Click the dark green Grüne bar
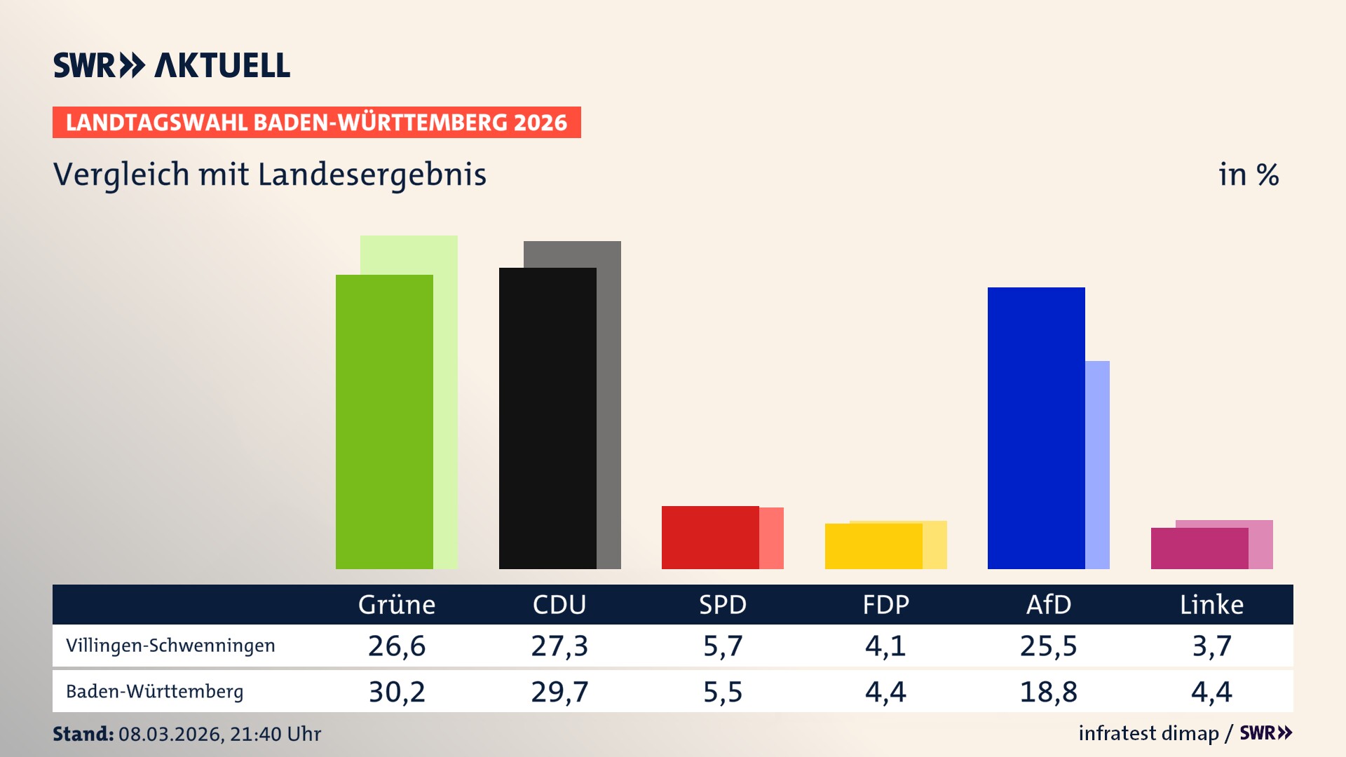384,421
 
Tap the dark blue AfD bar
1036,428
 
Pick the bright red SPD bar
710,537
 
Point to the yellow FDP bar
873,546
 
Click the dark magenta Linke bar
1199,548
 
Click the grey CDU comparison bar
609,407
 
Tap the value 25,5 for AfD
1048,646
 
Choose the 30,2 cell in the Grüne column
397,692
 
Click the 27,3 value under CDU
559,646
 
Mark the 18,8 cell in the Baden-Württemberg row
1048,692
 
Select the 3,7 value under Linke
1211,646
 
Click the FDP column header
885,604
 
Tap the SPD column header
723,604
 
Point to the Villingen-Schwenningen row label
170,646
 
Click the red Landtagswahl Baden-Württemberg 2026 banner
316,122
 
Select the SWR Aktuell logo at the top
172,65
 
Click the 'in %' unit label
1248,175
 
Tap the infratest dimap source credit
1148,733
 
